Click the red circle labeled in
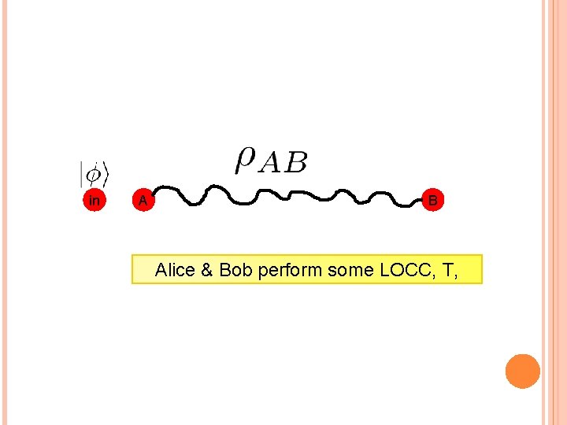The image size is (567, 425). pos(94,201)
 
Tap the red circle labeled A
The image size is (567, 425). pos(142,201)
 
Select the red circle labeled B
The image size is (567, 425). pos(432,201)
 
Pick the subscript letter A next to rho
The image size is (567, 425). pos(271,163)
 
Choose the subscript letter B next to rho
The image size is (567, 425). pos(296,163)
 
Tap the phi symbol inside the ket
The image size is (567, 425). pos(94,172)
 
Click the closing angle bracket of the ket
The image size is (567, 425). pos(105,172)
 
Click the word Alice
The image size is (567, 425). pos(176,270)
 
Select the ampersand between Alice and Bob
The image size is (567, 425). pos(207,270)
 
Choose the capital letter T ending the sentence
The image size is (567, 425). pos(449,270)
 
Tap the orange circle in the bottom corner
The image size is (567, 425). pos(523,371)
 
